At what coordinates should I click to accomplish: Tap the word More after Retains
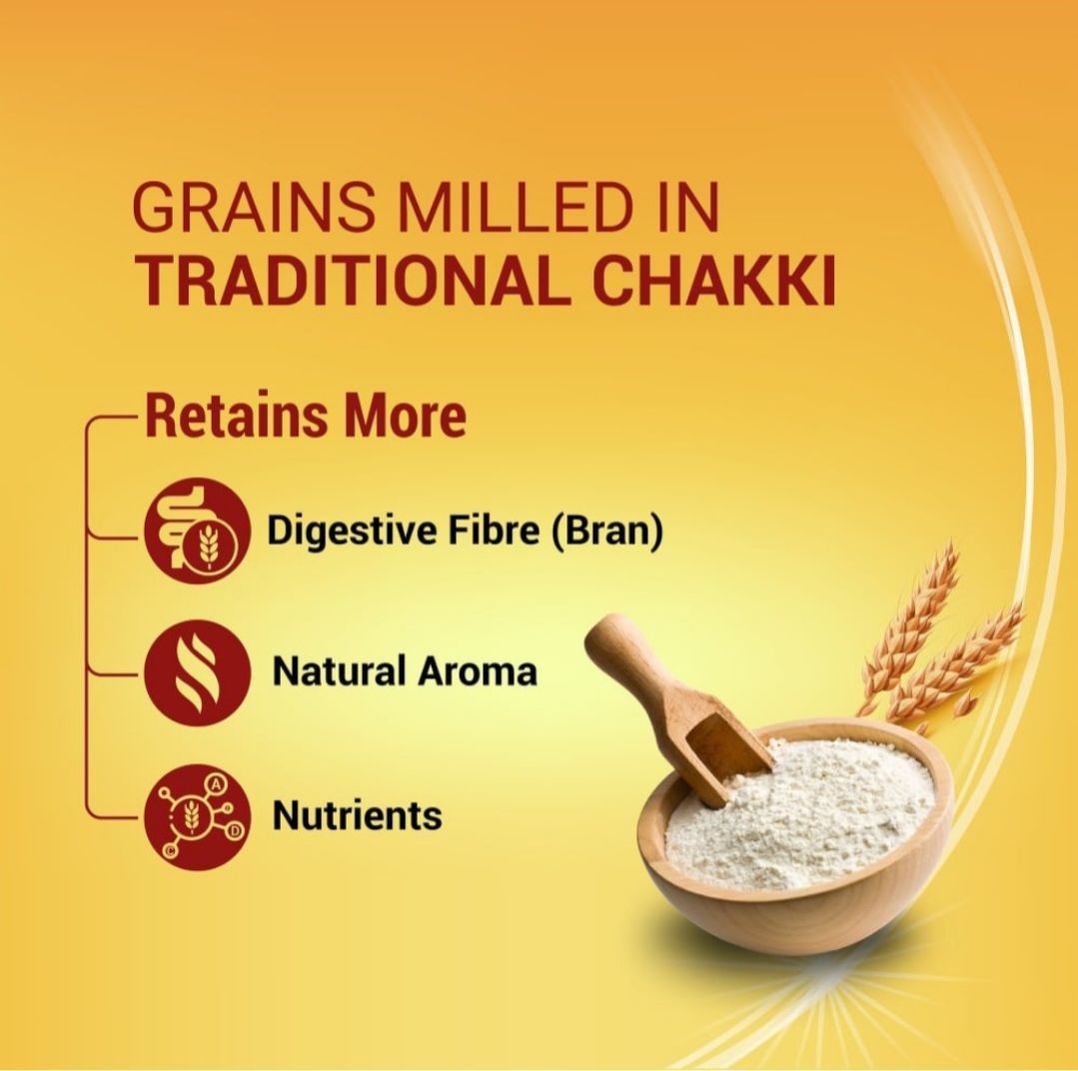coord(405,416)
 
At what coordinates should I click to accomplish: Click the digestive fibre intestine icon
coord(197,530)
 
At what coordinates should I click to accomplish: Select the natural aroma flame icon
coord(197,672)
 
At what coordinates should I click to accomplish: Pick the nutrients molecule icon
coord(197,816)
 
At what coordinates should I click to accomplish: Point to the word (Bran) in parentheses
coord(607,531)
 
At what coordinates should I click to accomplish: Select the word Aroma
coord(478,670)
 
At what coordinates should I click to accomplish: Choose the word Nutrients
coord(357,815)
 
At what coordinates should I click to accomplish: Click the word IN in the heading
coord(689,207)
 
